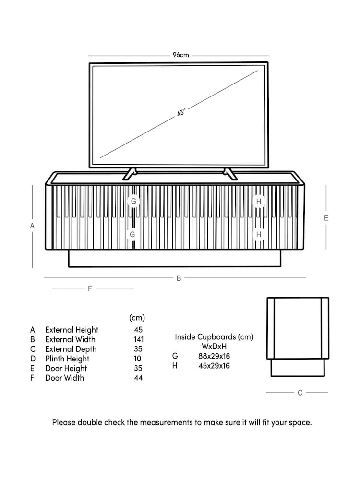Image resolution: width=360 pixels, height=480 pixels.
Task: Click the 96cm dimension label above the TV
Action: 181,55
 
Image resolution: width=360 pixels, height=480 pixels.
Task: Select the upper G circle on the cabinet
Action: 133,201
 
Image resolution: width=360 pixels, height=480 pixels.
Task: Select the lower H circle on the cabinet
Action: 259,235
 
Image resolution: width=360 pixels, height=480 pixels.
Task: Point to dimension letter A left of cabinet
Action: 33,226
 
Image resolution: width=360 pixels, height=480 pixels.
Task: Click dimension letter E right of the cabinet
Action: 326,218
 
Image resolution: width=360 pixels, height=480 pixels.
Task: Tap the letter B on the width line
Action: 179,278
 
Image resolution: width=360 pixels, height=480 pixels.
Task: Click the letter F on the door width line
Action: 90,288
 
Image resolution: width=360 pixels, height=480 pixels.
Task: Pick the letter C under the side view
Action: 300,393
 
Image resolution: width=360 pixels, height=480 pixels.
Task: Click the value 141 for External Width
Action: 138,339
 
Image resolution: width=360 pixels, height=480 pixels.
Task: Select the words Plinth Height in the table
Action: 67,359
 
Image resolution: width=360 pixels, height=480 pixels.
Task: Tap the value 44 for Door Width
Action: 138,378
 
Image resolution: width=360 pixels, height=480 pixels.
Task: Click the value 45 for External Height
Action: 138,330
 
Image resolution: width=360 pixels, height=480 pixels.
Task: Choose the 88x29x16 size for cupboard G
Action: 214,356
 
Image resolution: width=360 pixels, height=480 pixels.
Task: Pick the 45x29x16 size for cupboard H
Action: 214,366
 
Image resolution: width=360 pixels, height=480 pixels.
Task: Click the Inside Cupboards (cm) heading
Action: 214,337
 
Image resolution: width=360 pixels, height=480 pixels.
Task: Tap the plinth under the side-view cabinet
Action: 298,368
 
